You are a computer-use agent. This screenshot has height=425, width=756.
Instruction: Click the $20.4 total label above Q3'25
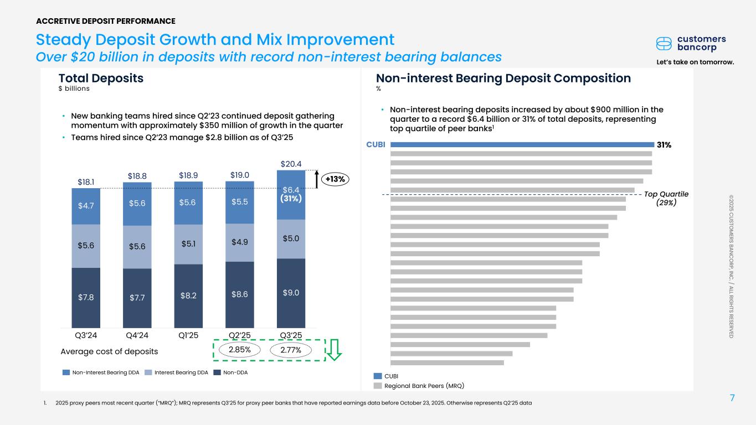tap(291, 164)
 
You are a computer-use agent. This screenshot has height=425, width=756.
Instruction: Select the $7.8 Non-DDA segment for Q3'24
tap(86, 297)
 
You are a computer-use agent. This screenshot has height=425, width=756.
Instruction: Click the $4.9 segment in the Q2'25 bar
tap(240, 242)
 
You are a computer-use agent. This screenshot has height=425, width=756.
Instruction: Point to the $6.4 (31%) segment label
tap(291, 194)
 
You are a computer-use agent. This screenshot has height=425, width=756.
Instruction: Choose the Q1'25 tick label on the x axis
tap(188, 335)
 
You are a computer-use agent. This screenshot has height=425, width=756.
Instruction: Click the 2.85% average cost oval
tap(240, 350)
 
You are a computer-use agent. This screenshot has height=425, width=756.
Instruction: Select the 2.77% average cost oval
tap(291, 350)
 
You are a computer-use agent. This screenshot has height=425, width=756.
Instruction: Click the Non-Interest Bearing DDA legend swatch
tap(66, 372)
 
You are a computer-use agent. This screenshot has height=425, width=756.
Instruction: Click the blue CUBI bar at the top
tap(521, 145)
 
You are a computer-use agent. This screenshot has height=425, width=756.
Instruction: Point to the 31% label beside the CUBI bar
tap(664, 145)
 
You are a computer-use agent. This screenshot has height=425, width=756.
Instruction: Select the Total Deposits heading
tap(101, 79)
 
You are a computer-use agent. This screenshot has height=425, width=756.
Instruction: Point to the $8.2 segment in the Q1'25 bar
tap(188, 295)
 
